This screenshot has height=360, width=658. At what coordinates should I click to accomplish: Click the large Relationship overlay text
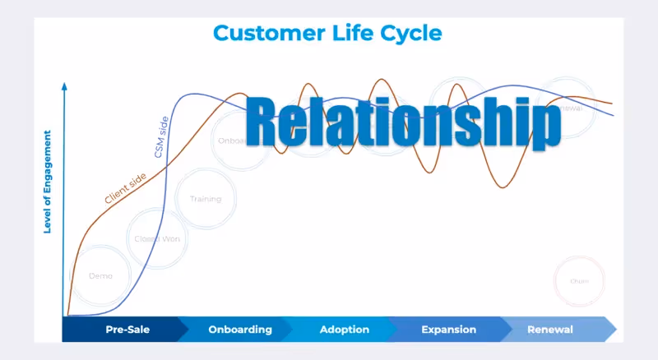pyautogui.click(x=403, y=123)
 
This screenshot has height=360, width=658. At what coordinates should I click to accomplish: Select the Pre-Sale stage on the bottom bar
pyautogui.click(x=127, y=330)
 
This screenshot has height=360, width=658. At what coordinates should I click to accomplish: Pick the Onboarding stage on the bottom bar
pyautogui.click(x=240, y=330)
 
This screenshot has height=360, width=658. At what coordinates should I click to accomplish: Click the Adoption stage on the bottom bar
pyautogui.click(x=344, y=330)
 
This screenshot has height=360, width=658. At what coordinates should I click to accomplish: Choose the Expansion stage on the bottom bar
pyautogui.click(x=448, y=330)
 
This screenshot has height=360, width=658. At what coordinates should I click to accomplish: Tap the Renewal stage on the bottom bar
pyautogui.click(x=549, y=330)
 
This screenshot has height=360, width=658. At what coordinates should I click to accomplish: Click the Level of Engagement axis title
pyautogui.click(x=48, y=181)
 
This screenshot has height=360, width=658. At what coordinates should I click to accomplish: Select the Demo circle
pyautogui.click(x=100, y=276)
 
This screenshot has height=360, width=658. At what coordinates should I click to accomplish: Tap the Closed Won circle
pyautogui.click(x=157, y=238)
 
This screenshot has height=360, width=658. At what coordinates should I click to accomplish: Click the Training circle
pyautogui.click(x=205, y=199)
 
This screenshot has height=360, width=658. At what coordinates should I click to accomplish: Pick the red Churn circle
pyautogui.click(x=579, y=281)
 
